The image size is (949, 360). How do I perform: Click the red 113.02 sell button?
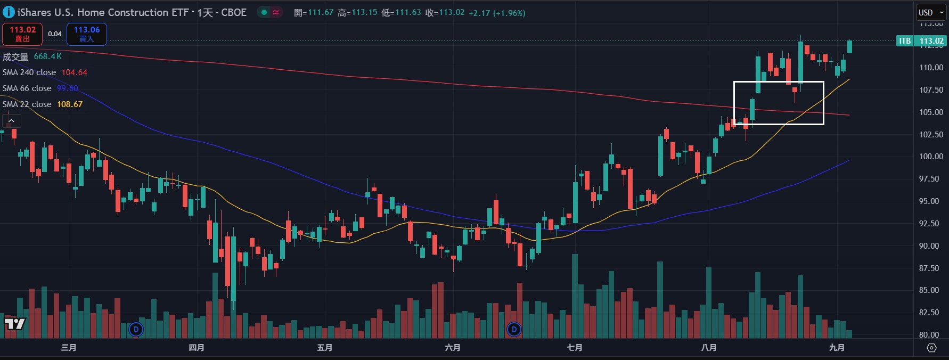click(22, 34)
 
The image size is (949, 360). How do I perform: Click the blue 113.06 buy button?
click(87, 34)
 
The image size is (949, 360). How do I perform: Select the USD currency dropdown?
click(930, 12)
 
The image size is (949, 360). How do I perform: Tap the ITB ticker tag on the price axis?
click(904, 41)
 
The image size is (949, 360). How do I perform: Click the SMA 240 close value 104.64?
click(74, 72)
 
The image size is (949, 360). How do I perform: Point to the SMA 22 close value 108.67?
click(70, 104)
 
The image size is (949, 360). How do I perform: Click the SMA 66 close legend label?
click(27, 88)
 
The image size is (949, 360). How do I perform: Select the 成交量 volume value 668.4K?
click(48, 56)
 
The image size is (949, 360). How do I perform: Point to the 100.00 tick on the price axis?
click(931, 157)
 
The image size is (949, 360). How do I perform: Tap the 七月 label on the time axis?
click(575, 348)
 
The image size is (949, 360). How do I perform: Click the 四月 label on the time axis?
click(197, 348)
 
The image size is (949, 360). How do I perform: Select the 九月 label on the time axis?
click(837, 348)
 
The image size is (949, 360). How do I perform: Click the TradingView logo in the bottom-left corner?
click(14, 324)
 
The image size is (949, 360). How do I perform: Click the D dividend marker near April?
click(136, 330)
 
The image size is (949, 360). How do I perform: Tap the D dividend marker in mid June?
click(514, 330)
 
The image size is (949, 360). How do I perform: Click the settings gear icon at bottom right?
click(931, 348)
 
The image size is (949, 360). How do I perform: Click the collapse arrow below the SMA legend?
click(11, 121)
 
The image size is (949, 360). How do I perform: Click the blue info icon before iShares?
click(9, 12)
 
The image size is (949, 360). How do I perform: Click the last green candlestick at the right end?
click(849, 47)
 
